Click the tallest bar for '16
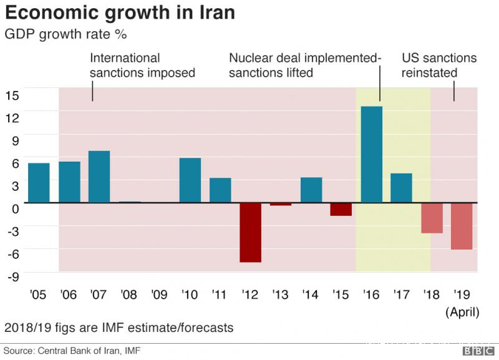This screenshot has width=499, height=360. (372, 155)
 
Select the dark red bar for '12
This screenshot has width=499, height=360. (250, 232)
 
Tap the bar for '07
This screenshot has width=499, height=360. (99, 177)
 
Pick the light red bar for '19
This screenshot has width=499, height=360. (462, 226)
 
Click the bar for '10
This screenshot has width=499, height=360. (190, 180)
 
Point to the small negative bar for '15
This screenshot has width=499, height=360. (341, 210)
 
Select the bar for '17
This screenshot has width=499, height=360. (401, 188)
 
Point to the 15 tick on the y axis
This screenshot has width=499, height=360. (12, 95)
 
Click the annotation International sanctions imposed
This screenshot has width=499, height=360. (142, 66)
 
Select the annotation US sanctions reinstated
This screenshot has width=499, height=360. (439, 66)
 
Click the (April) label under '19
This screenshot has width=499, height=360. (462, 311)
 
